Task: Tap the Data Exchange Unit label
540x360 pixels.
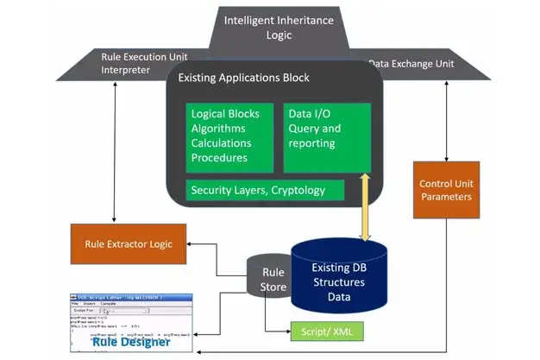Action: pyautogui.click(x=411, y=63)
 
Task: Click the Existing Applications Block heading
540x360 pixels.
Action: pyautogui.click(x=243, y=78)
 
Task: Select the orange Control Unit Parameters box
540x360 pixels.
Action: pyautogui.click(x=445, y=190)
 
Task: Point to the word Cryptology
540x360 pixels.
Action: pyautogui.click(x=305, y=190)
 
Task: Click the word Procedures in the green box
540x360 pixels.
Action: pyautogui.click(x=219, y=158)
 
